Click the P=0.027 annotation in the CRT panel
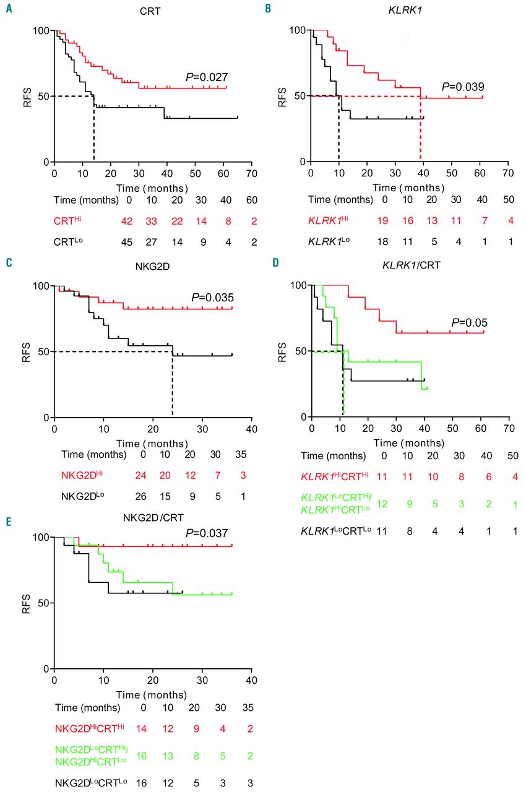[207, 77]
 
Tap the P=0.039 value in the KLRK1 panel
[462, 87]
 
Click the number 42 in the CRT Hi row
[129, 220]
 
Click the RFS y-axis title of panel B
[283, 96]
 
